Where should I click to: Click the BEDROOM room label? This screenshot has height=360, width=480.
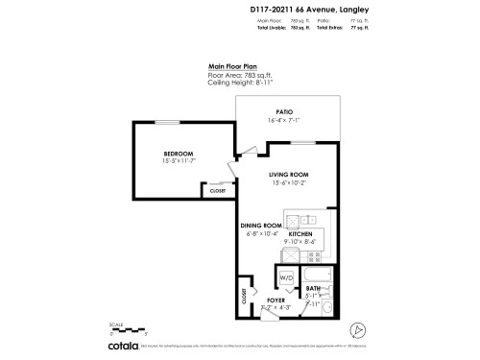179,154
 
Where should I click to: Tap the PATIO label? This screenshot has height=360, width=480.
284,112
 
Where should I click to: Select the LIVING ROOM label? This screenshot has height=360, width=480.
289,174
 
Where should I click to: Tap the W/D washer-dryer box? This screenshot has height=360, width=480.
286,277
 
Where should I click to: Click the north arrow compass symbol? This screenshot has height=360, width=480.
357,329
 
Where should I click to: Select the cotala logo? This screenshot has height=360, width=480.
123,346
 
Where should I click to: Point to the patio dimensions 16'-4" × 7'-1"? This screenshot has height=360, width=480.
284,121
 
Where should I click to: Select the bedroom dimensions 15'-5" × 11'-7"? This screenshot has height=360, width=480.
179,161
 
